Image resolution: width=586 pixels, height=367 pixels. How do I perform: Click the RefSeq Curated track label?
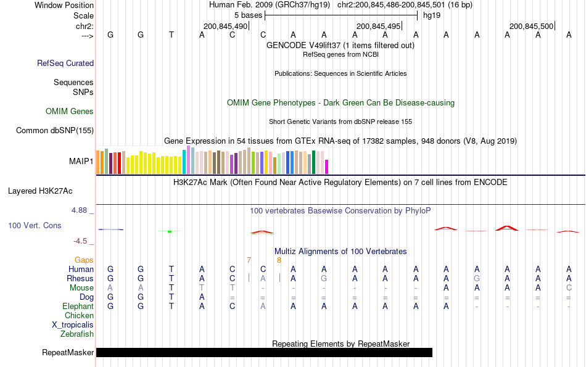65,63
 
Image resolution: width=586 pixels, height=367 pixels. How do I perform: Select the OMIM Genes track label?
70,112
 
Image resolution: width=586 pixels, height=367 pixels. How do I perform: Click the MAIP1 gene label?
81,162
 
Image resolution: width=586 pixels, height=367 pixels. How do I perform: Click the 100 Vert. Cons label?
35,226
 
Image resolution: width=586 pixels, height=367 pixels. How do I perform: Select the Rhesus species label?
80,278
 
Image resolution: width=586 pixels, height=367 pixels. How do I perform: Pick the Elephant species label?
78,306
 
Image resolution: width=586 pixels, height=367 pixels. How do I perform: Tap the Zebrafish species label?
77,334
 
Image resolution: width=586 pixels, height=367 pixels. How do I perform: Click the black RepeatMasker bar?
264,352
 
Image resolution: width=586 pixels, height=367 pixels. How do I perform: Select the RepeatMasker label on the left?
68,353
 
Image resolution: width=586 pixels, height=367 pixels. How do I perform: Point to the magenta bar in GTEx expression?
327,167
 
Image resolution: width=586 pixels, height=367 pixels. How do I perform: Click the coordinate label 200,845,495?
378,26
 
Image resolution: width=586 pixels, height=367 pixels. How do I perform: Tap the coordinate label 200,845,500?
531,26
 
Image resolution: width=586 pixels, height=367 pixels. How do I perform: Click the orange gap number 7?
249,260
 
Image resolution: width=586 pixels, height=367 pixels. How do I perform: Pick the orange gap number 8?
279,260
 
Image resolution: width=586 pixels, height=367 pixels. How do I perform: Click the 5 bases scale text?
248,15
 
